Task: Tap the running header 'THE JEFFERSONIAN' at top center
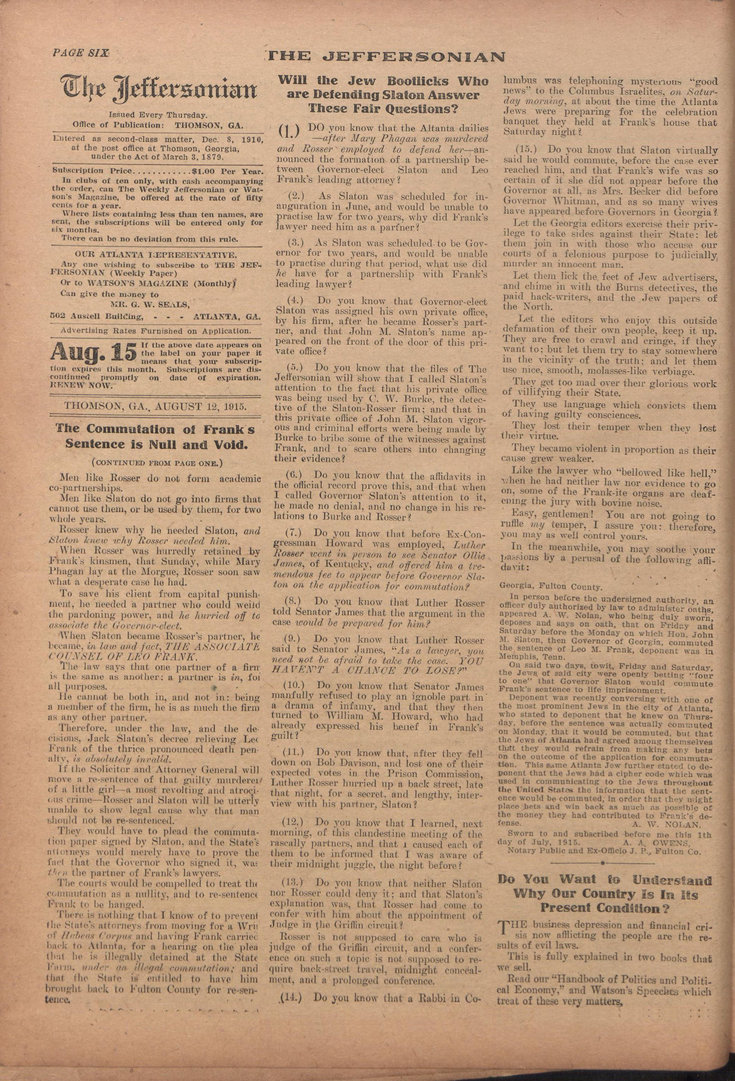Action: (x=387, y=57)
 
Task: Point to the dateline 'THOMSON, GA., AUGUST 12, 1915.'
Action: (x=155, y=405)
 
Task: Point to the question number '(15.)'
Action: (x=528, y=150)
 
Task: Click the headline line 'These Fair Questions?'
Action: (x=383, y=110)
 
